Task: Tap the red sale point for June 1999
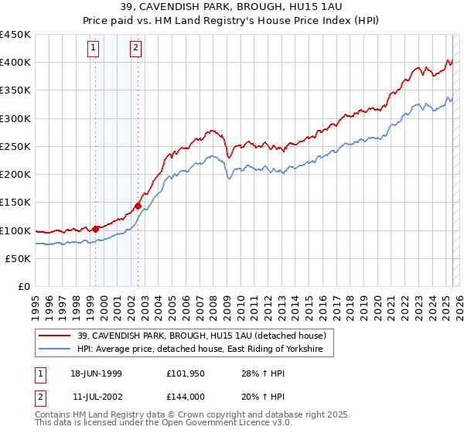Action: coord(96,229)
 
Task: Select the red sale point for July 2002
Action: coord(138,206)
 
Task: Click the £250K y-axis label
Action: coord(15,146)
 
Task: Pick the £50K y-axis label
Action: coord(19,258)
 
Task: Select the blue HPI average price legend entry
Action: coord(205,349)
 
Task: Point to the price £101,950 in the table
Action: coord(185,373)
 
